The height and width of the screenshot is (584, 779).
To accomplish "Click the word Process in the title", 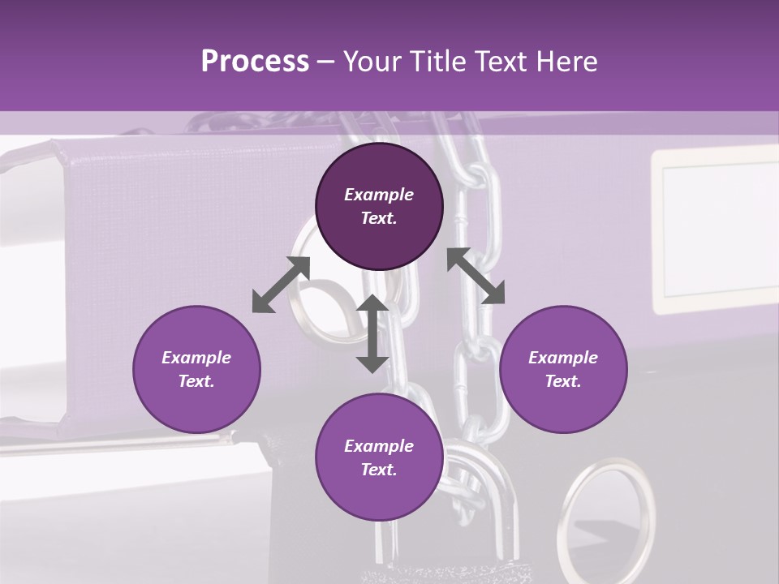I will [x=255, y=62].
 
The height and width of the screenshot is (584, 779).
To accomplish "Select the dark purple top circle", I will [x=379, y=206].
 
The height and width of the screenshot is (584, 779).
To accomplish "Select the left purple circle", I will [x=196, y=369].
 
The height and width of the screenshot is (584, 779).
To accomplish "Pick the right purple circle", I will [x=563, y=369].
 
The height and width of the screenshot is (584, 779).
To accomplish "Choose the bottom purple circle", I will [x=379, y=457].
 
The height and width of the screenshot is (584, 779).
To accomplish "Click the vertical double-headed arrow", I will [x=372, y=333].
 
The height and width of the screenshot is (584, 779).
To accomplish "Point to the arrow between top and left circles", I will [x=281, y=285].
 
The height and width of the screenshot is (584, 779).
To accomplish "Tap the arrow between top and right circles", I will [x=476, y=276].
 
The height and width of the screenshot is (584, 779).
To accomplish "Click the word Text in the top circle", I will [x=379, y=218].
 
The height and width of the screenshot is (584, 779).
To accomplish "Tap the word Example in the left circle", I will [x=196, y=358].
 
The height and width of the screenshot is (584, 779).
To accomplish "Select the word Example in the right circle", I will [x=563, y=358].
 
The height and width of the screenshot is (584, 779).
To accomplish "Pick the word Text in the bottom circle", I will [x=379, y=470].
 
